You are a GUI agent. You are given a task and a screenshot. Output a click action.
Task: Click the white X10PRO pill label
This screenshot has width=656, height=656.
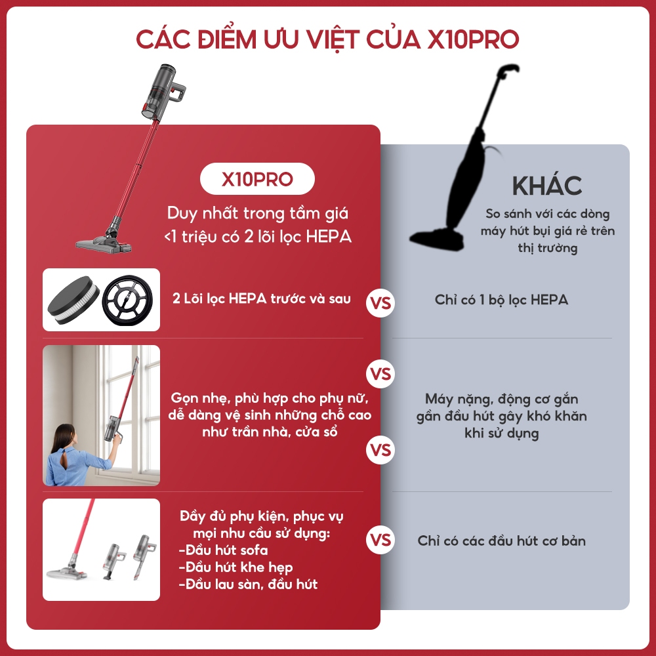(x=257, y=179)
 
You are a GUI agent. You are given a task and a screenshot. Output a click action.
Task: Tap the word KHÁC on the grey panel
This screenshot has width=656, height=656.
(x=547, y=185)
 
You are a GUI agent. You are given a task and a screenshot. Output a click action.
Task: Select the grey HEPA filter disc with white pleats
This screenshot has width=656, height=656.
(x=73, y=300)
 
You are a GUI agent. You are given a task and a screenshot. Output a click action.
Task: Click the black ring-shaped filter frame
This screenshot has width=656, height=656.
(x=128, y=300)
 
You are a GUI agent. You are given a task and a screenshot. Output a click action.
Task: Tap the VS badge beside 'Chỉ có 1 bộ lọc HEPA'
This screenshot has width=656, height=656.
(x=380, y=303)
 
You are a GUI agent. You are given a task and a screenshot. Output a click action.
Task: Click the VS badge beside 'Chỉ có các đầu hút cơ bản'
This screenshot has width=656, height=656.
(x=380, y=540)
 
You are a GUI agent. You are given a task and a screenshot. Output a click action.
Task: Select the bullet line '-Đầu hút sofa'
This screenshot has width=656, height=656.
(x=224, y=550)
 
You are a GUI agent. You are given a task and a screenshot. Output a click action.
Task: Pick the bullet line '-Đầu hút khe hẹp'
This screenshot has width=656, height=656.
(x=236, y=567)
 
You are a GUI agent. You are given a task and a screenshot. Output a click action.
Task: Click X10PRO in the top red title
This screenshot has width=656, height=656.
(x=473, y=39)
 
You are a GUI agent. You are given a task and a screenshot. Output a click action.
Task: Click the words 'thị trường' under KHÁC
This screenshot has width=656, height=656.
(x=548, y=248)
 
